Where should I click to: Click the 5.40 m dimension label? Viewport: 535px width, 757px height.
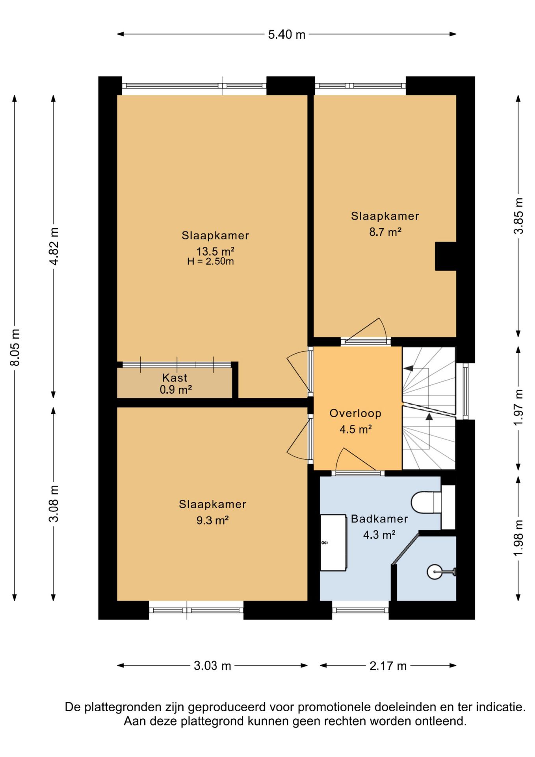pos(286,35)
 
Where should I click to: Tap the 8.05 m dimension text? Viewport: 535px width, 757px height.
pos(15,347)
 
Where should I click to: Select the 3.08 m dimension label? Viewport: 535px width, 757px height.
pos(54,503)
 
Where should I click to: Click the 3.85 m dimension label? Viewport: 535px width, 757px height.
pos(518,216)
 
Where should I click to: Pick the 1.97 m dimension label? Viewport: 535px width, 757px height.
pos(518,407)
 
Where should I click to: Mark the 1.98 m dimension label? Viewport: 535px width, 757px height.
pos(518,538)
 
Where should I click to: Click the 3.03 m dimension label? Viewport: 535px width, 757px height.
pos(212,666)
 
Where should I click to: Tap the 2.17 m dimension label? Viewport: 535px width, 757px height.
pos(388,666)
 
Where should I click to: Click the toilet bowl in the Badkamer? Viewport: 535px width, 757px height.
pos(426,502)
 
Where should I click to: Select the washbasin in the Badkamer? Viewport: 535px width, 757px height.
pos(333,543)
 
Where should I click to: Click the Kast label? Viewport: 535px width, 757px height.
pos(175,378)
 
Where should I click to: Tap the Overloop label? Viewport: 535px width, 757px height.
pos(355,413)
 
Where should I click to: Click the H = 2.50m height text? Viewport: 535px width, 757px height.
pos(210,261)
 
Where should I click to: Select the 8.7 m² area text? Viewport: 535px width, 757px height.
pos(385,232)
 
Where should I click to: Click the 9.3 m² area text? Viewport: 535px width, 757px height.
pos(212,520)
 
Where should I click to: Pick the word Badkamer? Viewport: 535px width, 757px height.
pos(379,519)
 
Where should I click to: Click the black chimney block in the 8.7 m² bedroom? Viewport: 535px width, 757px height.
pos(446,256)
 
